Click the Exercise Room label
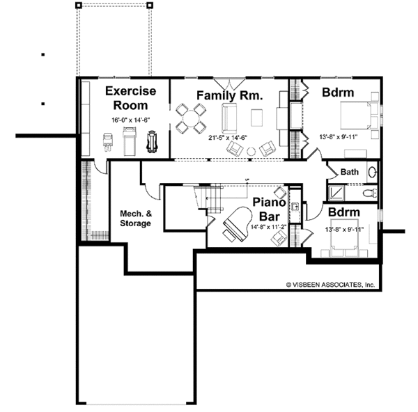point(131,98)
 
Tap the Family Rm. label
point(229,95)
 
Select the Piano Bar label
point(269,209)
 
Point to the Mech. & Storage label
point(136,218)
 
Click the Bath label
point(350,172)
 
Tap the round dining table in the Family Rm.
point(191,119)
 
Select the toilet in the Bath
point(370,193)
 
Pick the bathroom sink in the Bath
point(372,173)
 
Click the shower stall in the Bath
point(336,193)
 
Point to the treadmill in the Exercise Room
point(130,141)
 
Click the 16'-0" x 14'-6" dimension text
point(131,120)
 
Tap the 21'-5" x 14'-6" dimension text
point(228,138)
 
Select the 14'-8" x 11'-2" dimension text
point(268,227)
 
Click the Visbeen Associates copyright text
point(330,285)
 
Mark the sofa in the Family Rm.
point(229,119)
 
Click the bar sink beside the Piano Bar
point(295,207)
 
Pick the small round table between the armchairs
point(251,152)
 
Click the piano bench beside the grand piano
point(229,236)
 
